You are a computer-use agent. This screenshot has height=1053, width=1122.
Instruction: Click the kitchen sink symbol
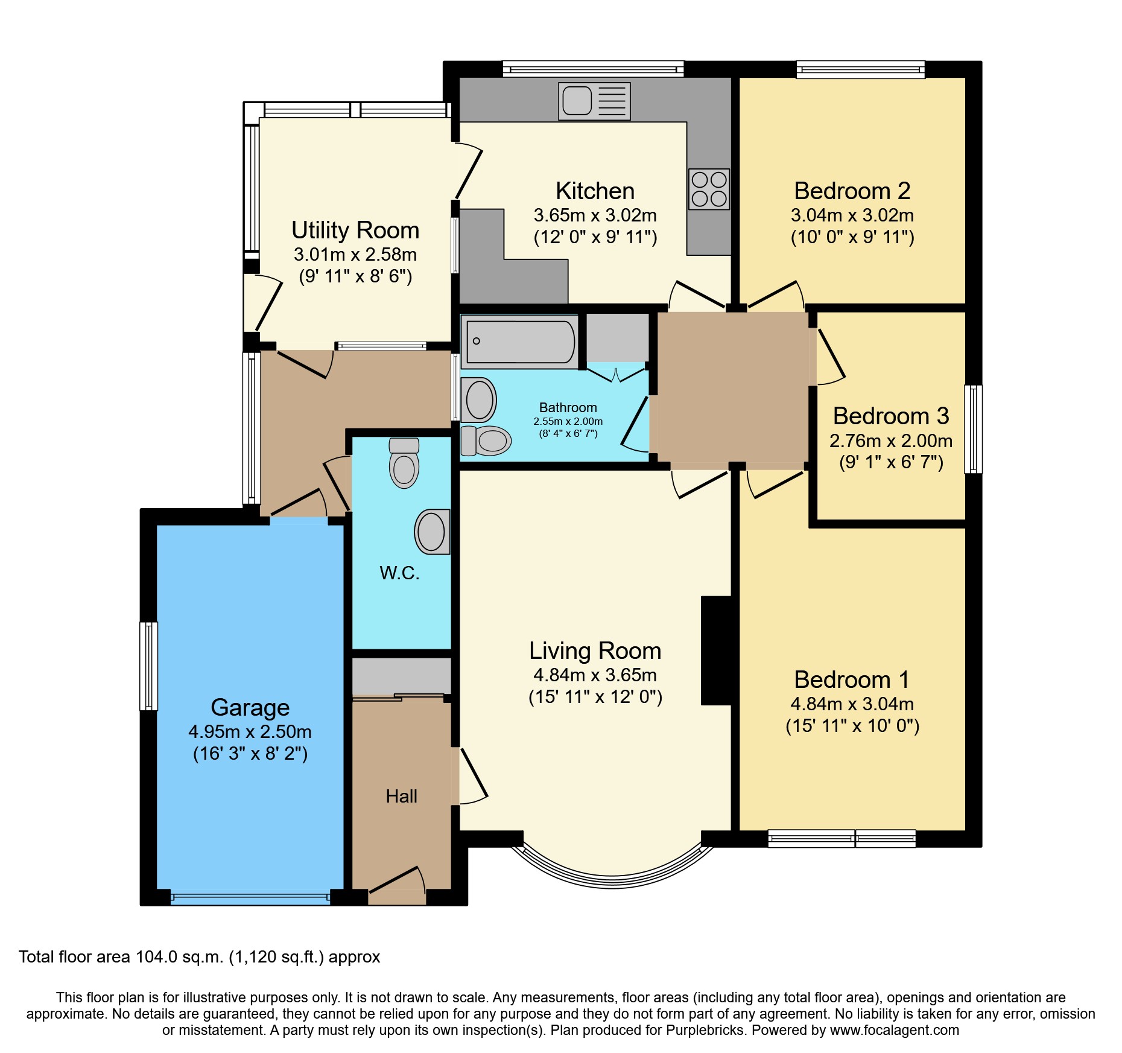[x=594, y=101]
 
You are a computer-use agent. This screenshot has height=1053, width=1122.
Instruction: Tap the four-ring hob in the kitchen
[x=709, y=189]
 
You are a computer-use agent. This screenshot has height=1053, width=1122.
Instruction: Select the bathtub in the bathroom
[x=520, y=342]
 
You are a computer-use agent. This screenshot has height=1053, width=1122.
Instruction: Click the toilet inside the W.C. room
[x=404, y=463]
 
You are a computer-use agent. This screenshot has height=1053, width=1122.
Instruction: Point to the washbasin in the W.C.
[x=432, y=532]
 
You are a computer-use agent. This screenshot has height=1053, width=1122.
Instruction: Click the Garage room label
[x=250, y=707]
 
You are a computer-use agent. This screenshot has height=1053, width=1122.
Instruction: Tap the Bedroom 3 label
[x=890, y=416]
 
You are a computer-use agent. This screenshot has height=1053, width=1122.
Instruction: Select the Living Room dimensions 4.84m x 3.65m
[x=595, y=675]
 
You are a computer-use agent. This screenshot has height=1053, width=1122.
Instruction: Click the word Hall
[x=401, y=797]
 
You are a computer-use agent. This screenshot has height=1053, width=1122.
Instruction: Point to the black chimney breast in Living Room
[x=717, y=650]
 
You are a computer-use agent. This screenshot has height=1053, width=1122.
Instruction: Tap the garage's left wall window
[x=148, y=666]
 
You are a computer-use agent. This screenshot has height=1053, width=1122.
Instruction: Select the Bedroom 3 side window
[x=972, y=428]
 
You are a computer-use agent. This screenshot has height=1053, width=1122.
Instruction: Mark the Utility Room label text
[x=355, y=231]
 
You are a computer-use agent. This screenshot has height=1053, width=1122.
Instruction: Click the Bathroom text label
[x=568, y=408]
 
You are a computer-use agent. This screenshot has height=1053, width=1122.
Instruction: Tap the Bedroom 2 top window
[x=860, y=70]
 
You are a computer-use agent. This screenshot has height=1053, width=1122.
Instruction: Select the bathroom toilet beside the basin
[x=486, y=440]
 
